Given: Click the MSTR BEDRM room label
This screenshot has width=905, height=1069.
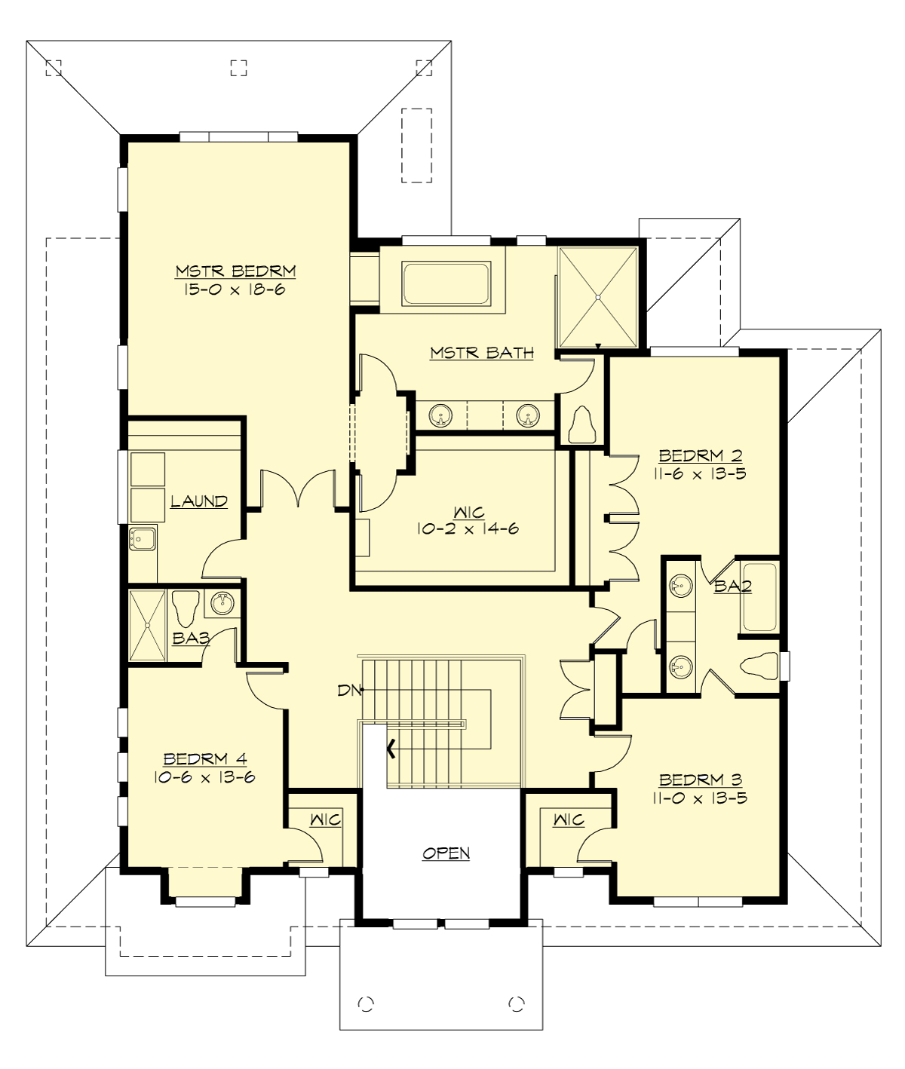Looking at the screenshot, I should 235,271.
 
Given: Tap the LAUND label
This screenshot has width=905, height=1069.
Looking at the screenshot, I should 198,501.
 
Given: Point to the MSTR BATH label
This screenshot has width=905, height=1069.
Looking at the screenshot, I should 482,352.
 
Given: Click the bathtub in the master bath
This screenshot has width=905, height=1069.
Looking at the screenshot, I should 446,284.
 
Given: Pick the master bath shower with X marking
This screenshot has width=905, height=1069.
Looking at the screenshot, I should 599,297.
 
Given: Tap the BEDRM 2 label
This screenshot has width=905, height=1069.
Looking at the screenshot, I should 701,455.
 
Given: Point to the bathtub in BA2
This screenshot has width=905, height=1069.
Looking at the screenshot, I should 759,598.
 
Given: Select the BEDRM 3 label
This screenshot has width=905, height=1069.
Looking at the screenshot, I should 701,780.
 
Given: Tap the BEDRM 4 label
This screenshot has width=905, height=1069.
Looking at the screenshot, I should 204,758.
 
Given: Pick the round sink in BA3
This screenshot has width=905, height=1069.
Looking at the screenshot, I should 222,603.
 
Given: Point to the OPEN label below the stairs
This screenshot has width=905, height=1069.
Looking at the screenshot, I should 446,853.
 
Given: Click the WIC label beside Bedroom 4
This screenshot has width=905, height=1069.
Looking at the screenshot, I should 326,819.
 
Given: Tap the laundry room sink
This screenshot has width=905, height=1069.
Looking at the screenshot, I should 143,539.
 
